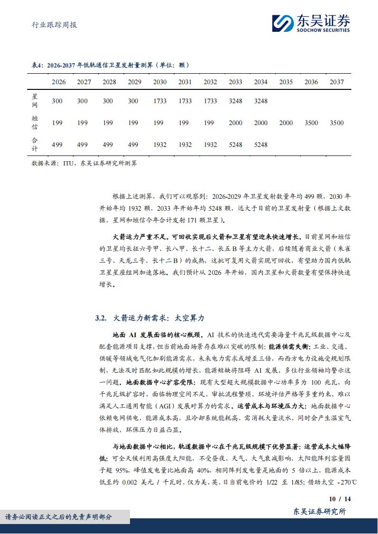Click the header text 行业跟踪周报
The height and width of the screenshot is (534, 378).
tap(50, 25)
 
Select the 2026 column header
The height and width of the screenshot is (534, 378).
tap(58, 82)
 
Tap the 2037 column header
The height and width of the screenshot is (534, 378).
tap(336, 82)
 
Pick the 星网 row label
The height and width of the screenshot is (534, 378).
tap(34, 101)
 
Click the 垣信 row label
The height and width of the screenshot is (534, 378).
tap(34, 123)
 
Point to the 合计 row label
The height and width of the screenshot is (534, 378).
tap(34, 145)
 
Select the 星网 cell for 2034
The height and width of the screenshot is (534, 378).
tap(260, 101)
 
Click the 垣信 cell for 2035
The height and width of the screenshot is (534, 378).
tap(286, 123)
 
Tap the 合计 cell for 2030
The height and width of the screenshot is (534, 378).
tap(159, 145)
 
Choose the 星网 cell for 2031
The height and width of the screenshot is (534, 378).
tap(185, 101)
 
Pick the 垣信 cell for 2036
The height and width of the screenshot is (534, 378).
tap(311, 123)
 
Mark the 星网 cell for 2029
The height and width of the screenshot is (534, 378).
tap(134, 101)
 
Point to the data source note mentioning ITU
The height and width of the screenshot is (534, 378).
tap(84, 163)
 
